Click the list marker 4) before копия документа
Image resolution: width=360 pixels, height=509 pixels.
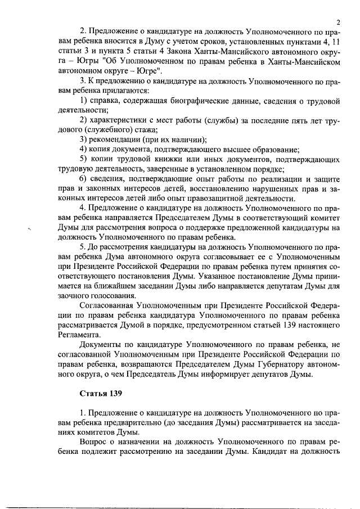point(83,149)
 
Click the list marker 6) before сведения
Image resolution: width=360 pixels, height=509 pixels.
point(83,179)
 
